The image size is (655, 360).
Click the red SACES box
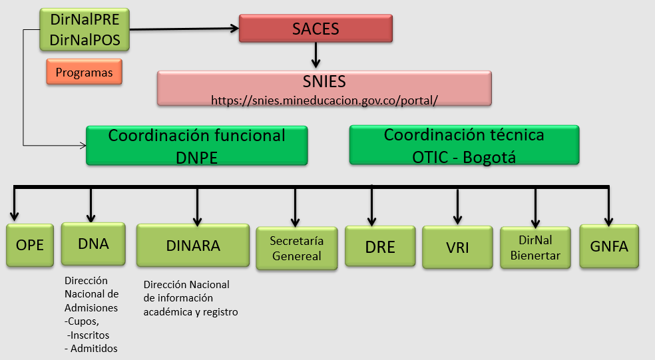(316, 29)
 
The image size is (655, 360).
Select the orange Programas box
(84, 72)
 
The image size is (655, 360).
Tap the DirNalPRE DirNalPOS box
(85, 30)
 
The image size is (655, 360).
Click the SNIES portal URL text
(324, 100)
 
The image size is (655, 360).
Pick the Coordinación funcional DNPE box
(196, 145)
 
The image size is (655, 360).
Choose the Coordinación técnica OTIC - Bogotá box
(464, 145)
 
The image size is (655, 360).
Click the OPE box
(30, 245)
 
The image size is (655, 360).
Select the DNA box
(93, 244)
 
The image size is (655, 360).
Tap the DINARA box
(193, 245)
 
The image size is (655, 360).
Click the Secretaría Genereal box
(296, 248)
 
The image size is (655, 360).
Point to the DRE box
(380, 247)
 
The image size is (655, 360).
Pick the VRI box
(457, 248)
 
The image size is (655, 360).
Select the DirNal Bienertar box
(535, 248)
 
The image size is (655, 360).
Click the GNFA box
(608, 246)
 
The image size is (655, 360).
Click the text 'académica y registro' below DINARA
(190, 311)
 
